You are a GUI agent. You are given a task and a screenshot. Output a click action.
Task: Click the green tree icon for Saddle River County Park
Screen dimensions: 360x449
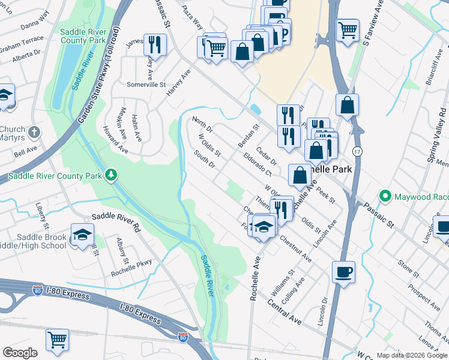[110, 175]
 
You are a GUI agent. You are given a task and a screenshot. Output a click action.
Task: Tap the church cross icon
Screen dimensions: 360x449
[35, 131]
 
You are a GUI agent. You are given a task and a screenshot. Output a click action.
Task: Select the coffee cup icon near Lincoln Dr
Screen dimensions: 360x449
[343, 272]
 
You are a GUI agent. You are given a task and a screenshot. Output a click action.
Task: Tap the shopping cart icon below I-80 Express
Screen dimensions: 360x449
[57, 340]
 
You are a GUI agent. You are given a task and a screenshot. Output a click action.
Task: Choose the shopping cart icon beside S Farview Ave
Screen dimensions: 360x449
[348, 29]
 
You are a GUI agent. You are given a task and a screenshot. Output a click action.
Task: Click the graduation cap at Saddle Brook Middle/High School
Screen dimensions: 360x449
[82, 235]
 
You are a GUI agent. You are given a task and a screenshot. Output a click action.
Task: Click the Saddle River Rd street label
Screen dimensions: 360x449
[115, 220]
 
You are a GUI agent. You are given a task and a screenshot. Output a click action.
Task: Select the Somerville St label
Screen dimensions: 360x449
[146, 85]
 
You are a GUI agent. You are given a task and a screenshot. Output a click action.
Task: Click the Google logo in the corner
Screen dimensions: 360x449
[20, 353]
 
